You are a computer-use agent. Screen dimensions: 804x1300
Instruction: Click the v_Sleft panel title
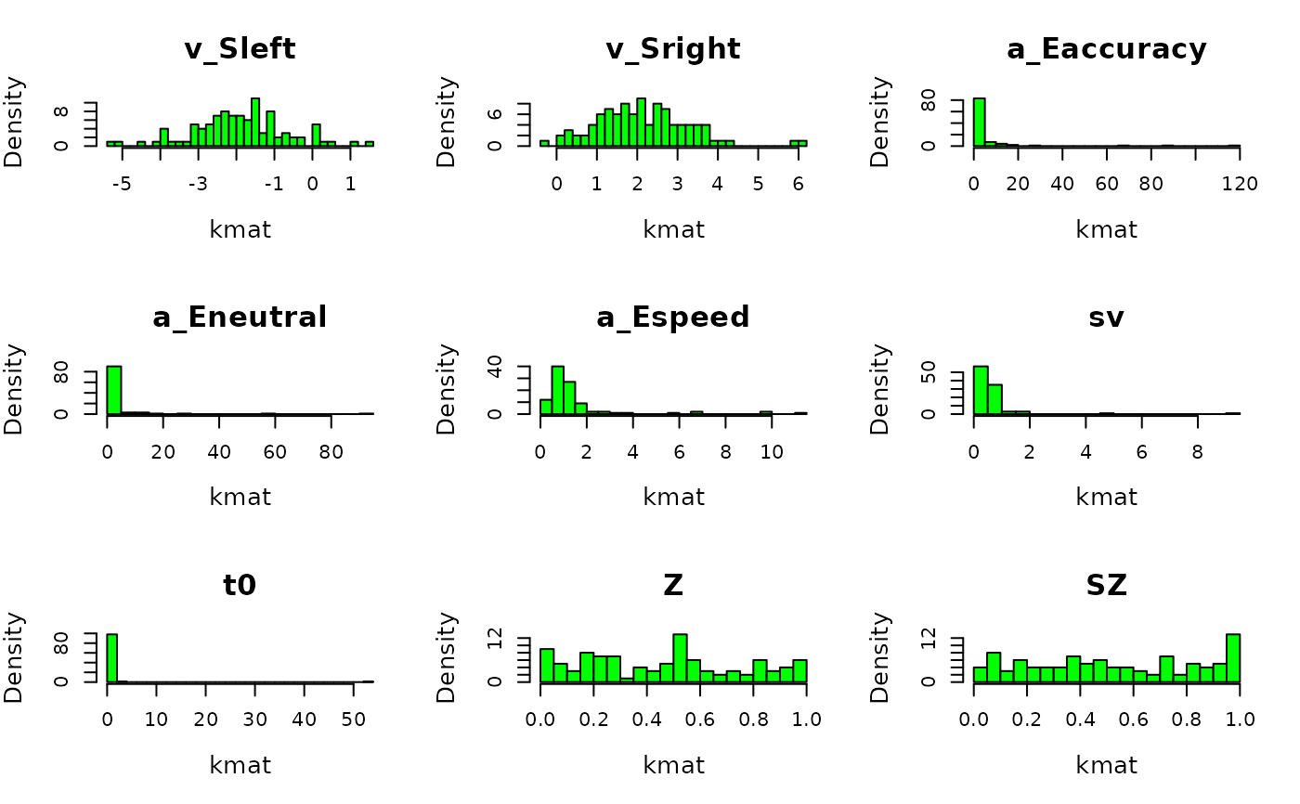tap(240, 49)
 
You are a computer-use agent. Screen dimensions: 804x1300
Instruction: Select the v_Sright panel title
tap(673, 49)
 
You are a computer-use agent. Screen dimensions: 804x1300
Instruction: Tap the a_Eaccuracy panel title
tap(1106, 49)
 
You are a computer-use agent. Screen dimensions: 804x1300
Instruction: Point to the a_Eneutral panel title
tap(240, 318)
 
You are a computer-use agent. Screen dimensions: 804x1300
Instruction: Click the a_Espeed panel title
tap(673, 318)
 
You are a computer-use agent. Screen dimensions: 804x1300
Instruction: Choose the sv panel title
tap(1106, 318)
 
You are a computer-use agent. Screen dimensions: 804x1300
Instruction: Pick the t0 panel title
tap(240, 586)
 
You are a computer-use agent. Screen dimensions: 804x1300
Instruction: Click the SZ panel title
tap(1106, 586)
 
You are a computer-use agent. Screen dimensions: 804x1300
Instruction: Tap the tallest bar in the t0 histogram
tap(112, 658)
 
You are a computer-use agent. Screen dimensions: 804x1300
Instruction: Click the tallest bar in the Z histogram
tap(680, 658)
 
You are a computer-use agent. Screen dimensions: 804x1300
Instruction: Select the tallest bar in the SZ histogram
tap(1232, 658)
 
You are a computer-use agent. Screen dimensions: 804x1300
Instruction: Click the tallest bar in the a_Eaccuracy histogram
tap(979, 122)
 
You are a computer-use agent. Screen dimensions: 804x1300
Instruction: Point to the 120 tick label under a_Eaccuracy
tap(1240, 184)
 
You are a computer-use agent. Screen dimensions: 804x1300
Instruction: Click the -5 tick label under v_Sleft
tap(122, 184)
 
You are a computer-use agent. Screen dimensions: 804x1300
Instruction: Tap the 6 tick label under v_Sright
tap(799, 184)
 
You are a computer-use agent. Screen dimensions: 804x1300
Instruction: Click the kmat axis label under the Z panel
tap(673, 766)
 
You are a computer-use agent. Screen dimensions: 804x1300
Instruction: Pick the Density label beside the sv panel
tap(879, 389)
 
